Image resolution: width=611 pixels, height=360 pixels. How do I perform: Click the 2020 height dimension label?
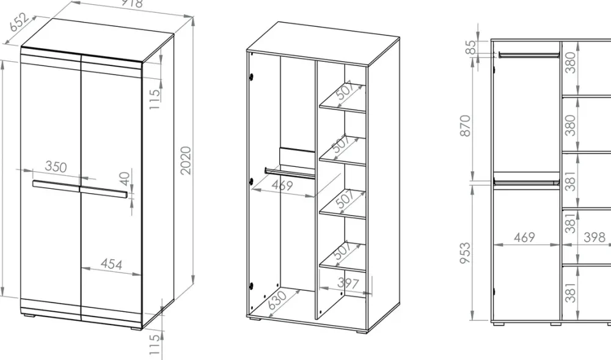(x=186, y=160)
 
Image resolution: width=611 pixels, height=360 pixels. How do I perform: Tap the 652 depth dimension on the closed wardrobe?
(x=19, y=22)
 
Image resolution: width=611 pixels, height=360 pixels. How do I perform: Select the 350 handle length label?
(x=56, y=166)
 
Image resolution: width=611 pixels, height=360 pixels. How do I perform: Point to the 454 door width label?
(x=111, y=264)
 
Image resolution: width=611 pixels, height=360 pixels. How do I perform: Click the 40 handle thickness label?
(x=124, y=179)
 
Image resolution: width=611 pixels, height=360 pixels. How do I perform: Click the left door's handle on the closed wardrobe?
(x=56, y=186)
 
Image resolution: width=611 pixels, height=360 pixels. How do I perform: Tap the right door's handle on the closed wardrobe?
(x=104, y=193)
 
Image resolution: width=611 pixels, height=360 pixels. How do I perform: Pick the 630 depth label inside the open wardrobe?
(x=278, y=300)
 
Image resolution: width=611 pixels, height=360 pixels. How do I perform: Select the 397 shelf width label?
(x=347, y=282)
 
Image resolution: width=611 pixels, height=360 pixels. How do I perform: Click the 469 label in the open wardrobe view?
(x=282, y=185)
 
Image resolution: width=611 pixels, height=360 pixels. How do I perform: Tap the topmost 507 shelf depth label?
(x=345, y=90)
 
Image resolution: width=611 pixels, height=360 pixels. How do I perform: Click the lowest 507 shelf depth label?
(x=343, y=251)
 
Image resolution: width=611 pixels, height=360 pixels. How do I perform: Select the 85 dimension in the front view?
(x=471, y=48)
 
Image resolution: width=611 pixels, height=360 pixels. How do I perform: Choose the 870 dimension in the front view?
(x=466, y=125)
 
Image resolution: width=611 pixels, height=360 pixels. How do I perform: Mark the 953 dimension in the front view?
(x=466, y=253)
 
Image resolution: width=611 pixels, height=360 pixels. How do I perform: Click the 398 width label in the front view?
(x=595, y=237)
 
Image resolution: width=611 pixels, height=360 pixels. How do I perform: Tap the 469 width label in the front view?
(x=524, y=237)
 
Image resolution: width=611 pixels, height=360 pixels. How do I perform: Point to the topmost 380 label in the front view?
(x=571, y=63)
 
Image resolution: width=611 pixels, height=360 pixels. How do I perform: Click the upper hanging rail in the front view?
(x=529, y=55)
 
